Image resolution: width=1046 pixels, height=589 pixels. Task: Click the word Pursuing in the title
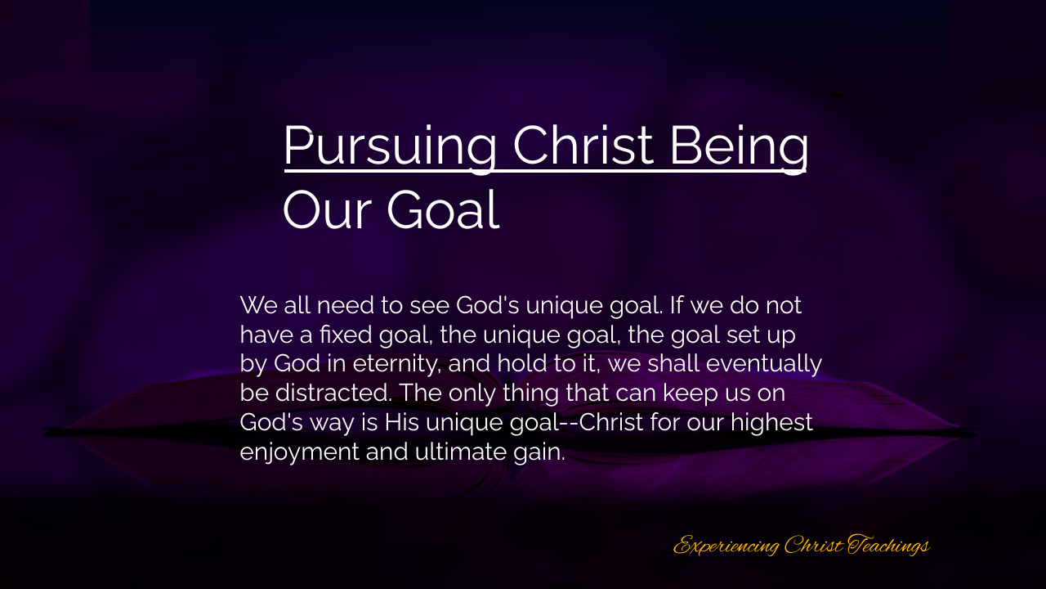[390, 146]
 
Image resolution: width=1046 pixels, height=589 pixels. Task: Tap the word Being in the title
[739, 146]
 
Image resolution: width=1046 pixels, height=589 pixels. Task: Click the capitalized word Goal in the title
[443, 209]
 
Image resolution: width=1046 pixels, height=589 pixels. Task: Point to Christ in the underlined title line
[583, 145]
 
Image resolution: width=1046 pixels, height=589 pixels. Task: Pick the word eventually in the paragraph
[763, 364]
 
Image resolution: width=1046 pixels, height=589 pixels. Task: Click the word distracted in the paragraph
[333, 393]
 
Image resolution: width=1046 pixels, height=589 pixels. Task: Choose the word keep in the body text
[691, 393]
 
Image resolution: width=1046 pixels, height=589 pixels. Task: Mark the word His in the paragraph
[401, 422]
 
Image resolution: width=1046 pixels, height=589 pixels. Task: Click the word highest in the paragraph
[771, 423]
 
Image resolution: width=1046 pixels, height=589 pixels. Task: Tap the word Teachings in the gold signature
[888, 545]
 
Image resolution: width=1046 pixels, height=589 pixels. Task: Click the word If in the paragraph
[677, 305]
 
